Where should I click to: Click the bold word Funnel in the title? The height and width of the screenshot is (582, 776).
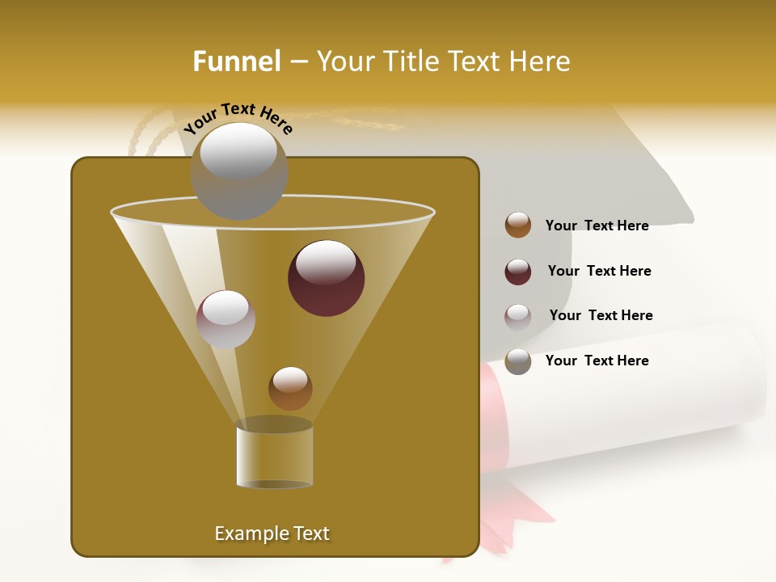[237, 61]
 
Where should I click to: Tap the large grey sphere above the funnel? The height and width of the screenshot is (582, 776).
[239, 171]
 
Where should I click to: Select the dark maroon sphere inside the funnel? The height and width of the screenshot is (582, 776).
[327, 278]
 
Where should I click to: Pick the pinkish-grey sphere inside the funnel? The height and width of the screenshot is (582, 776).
[226, 319]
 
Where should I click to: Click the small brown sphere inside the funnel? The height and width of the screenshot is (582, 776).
[290, 389]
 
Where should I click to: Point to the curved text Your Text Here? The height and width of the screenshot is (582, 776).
[238, 118]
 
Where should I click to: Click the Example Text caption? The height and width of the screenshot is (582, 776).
[272, 533]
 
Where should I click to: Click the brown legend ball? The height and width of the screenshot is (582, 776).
[518, 225]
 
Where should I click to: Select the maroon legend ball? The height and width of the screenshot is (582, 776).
[518, 272]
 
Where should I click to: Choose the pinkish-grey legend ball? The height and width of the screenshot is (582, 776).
[518, 317]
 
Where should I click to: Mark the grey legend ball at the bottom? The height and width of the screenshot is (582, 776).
[518, 361]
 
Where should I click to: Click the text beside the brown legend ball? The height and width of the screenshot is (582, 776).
[597, 226]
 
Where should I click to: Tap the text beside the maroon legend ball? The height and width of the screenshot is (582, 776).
[599, 271]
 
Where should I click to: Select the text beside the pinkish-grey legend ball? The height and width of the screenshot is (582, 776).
[601, 315]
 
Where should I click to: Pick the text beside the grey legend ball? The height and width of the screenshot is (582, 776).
[597, 361]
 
